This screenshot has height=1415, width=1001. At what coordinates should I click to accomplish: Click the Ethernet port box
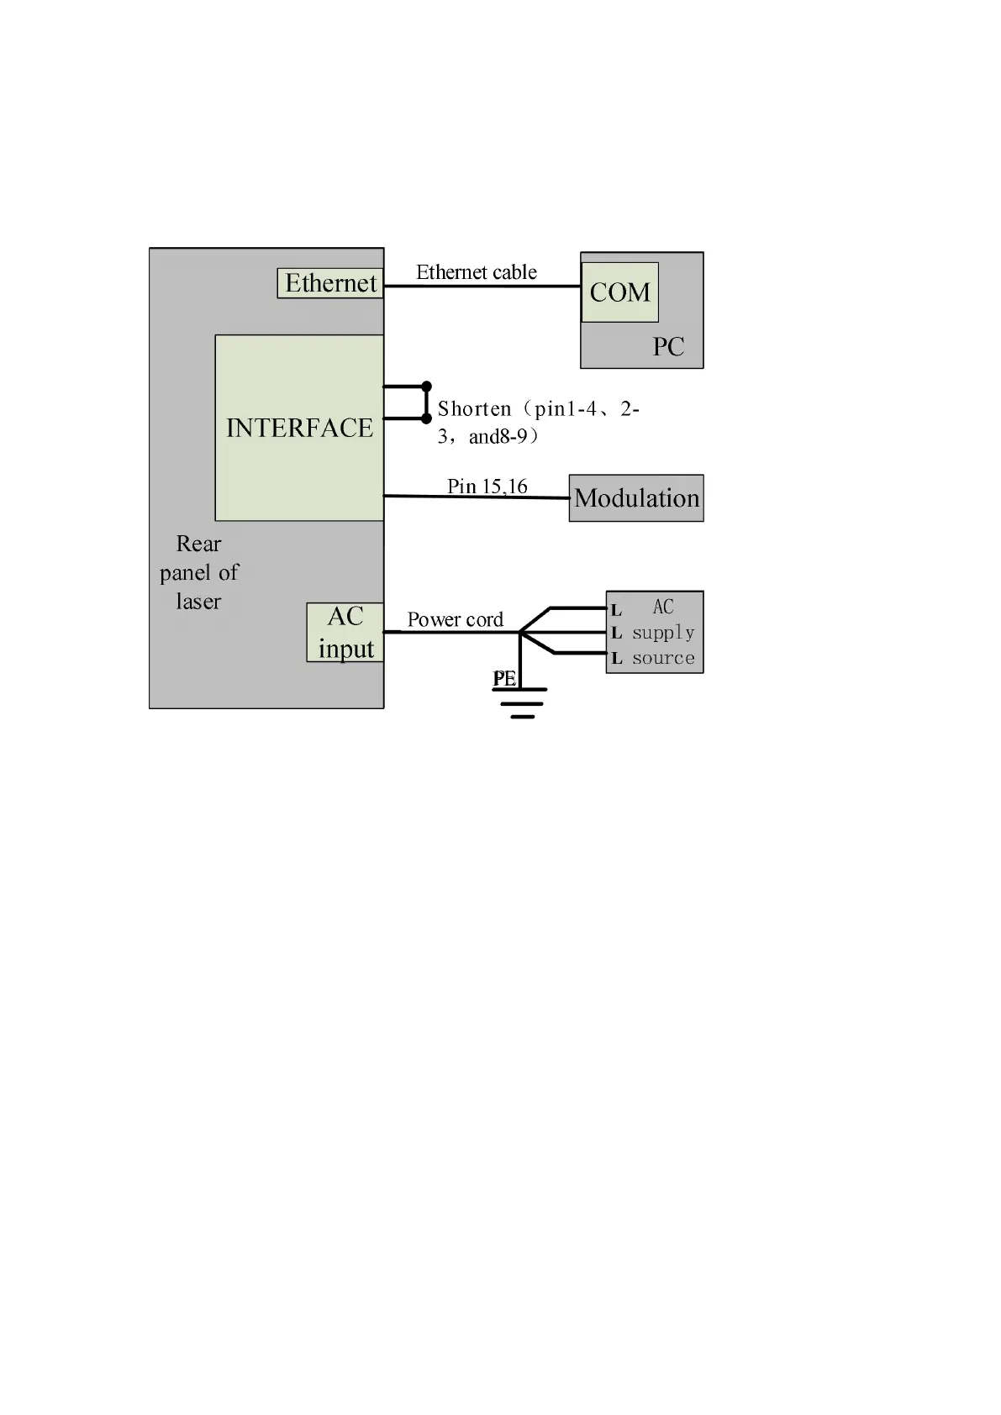click(x=330, y=283)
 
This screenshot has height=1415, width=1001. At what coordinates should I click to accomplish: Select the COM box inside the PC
click(x=619, y=292)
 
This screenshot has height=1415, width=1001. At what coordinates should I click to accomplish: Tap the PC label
click(x=668, y=346)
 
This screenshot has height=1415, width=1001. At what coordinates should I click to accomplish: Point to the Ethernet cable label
click(x=476, y=272)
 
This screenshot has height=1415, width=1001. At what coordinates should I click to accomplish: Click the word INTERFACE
click(x=299, y=428)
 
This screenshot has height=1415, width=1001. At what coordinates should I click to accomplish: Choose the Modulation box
click(x=636, y=498)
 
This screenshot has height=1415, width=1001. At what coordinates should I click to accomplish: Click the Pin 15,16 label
click(x=487, y=486)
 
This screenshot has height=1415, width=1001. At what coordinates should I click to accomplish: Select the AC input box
click(x=345, y=632)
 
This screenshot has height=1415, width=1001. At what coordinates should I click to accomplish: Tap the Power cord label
click(x=455, y=619)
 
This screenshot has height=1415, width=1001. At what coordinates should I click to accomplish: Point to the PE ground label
click(x=503, y=678)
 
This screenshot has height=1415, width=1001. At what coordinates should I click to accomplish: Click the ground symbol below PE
click(x=522, y=702)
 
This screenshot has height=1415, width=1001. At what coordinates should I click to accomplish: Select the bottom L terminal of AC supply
click(x=616, y=659)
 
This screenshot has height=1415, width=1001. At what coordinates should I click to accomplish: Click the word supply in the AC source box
click(x=663, y=632)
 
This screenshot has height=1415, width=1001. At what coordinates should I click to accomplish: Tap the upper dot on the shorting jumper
click(x=426, y=386)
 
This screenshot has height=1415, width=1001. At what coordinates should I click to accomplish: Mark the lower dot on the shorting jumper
click(x=426, y=418)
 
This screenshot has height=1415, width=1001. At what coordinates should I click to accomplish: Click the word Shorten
click(x=474, y=409)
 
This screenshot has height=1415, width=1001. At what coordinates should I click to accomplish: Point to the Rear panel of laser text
click(x=199, y=572)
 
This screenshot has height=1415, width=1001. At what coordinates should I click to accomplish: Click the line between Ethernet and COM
click(x=482, y=287)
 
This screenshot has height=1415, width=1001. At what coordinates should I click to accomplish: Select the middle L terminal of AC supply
click(x=616, y=634)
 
